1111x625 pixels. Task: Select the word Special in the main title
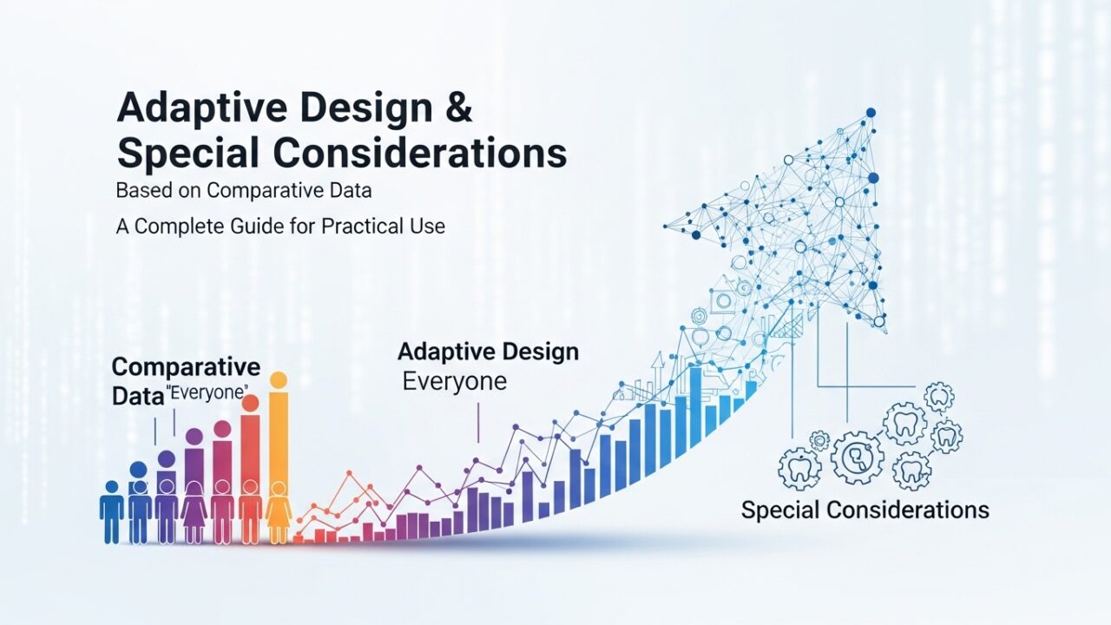[188, 154]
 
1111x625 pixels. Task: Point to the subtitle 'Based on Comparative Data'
[244, 190]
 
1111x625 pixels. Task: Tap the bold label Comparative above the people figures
[186, 367]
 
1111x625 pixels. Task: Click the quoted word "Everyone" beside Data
[209, 393]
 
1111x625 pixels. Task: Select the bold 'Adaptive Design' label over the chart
[488, 352]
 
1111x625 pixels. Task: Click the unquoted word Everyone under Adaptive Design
[454, 381]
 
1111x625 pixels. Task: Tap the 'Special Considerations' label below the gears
[865, 510]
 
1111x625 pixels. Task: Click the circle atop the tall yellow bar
[279, 380]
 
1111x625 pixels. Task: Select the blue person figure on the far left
[112, 512]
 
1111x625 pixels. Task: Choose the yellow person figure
[279, 512]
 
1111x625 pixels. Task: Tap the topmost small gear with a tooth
[939, 398]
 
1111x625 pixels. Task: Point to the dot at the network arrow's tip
[871, 113]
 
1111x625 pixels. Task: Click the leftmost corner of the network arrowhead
[665, 227]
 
